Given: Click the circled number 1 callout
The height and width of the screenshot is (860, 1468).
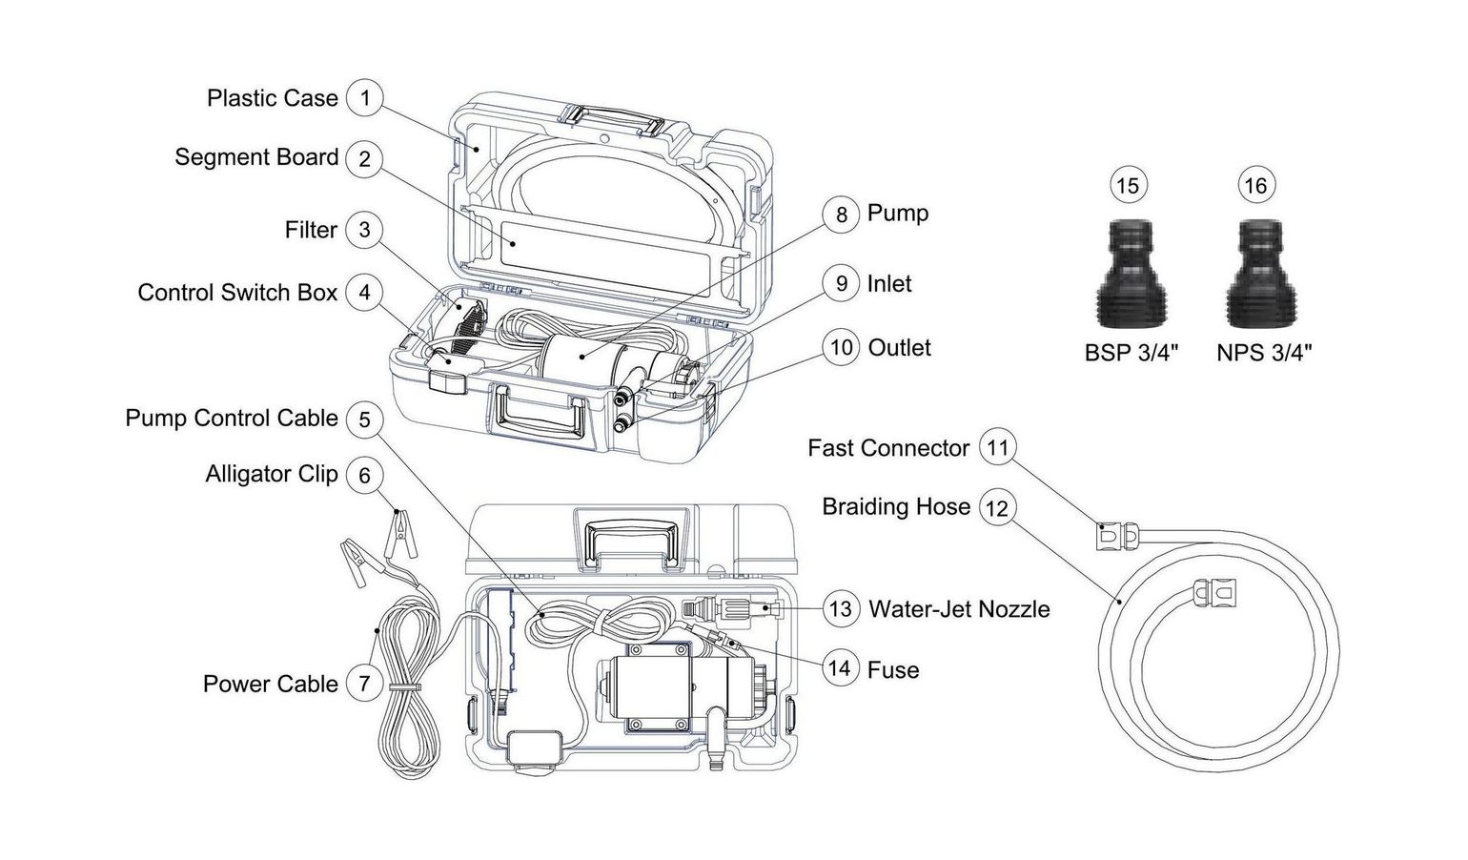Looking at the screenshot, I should point(364,97).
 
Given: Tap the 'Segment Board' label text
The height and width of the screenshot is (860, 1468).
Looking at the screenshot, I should point(256,157).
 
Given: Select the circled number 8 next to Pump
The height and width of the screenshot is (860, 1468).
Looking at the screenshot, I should point(841,214).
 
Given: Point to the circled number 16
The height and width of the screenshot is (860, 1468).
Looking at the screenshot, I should point(1255,185).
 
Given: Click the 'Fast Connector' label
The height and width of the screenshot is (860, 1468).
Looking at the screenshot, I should point(887,448).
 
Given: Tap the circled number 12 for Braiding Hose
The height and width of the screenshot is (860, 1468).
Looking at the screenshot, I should point(995,507).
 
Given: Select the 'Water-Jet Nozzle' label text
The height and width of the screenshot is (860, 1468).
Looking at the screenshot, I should point(959,609).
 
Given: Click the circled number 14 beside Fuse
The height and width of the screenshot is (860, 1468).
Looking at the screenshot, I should point(839,667).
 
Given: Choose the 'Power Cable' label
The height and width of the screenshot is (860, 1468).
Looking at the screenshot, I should point(270,684).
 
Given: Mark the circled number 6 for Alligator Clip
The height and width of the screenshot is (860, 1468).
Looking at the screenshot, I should point(364,475).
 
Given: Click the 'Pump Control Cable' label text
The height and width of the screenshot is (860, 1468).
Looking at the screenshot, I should point(232,418).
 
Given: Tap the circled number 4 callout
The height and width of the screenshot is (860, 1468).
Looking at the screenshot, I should point(364,292).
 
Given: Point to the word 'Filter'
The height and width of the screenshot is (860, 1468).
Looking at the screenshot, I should point(311,230).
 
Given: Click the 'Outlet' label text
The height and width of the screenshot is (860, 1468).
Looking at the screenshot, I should point(899,347).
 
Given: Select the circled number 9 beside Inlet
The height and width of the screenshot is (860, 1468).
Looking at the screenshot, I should point(841,283).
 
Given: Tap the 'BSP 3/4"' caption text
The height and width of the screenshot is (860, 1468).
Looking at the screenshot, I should point(1132,353).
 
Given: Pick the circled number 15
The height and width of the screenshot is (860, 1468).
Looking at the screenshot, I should point(1128,185).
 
